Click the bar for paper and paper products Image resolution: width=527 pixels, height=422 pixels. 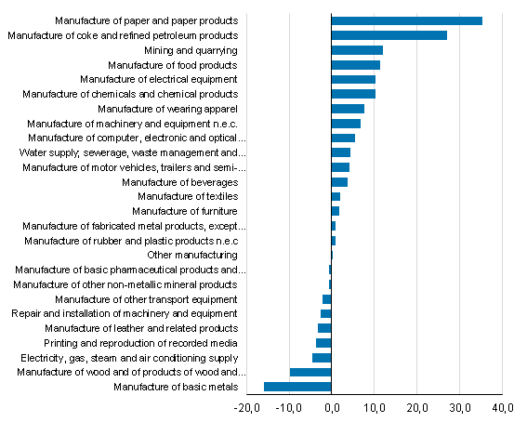click(x=406, y=20)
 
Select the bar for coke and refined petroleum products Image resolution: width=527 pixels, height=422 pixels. click(x=389, y=35)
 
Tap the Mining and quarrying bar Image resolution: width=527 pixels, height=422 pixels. click(x=357, y=50)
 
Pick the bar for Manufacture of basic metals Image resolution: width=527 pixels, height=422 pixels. click(x=297, y=387)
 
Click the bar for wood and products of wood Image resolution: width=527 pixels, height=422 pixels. click(x=310, y=372)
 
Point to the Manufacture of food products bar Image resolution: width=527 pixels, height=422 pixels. click(x=355, y=65)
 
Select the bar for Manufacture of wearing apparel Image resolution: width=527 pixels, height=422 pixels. click(x=348, y=109)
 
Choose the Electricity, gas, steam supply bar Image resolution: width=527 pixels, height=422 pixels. click(x=322, y=358)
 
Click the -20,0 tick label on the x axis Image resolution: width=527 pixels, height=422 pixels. click(x=246, y=408)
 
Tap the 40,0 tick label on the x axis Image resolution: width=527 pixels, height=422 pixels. click(x=503, y=408)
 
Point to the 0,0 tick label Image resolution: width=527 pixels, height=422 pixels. click(x=332, y=408)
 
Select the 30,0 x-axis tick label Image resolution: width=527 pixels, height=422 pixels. click(x=460, y=408)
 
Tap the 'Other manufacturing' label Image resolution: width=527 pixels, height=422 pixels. click(x=192, y=255)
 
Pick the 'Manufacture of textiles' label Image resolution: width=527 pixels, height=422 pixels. click(x=187, y=196)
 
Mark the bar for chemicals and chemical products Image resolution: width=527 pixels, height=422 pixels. click(x=353, y=94)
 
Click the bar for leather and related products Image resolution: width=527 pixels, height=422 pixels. click(x=324, y=328)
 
